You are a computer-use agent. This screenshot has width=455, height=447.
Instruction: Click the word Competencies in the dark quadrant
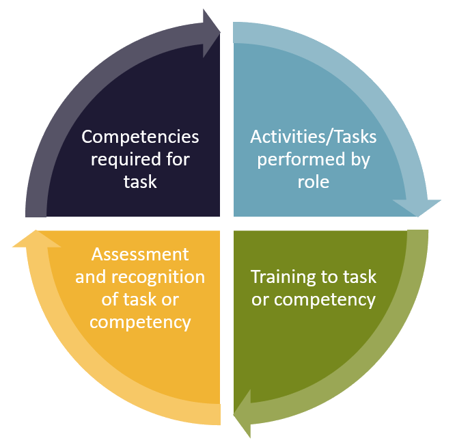point(140,137)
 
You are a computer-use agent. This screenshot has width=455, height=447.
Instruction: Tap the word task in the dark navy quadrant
point(140,182)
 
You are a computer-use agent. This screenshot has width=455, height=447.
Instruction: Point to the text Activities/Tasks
point(314,137)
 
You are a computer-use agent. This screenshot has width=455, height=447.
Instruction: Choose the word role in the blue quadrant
point(314,182)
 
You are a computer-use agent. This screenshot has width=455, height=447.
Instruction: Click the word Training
point(279,277)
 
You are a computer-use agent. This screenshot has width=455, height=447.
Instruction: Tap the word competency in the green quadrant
point(325,301)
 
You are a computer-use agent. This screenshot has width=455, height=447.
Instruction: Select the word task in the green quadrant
point(360,277)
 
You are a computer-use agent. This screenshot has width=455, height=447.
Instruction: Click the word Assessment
point(140,254)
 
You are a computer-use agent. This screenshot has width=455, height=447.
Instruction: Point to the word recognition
point(158,277)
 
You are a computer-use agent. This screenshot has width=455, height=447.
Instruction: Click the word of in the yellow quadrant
point(110,299)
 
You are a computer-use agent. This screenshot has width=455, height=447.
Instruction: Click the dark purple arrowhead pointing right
point(211,33)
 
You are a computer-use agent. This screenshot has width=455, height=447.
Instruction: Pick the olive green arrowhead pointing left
point(243,414)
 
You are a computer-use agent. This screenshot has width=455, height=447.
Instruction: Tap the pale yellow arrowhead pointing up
point(36,239)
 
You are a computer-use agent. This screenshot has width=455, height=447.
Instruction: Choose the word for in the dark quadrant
point(178,159)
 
